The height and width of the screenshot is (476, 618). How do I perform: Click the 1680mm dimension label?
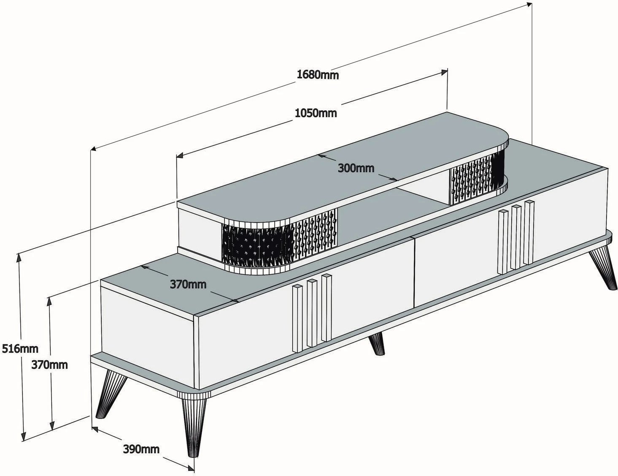coord(318,75)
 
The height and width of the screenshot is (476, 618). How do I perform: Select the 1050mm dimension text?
coord(316,113)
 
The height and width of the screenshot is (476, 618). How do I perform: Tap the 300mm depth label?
coord(356,168)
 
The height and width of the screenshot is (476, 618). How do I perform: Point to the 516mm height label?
coord(20,348)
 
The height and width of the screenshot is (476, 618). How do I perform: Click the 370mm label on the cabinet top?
coord(188,284)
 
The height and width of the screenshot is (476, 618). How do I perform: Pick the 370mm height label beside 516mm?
coord(49,364)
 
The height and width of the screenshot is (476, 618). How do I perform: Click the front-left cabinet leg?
coord(111,394)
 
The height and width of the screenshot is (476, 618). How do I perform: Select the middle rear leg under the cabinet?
coord(377,345)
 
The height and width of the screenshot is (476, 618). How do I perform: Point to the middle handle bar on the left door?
coord(312,313)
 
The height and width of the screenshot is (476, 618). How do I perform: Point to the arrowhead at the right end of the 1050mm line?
coord(444,72)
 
